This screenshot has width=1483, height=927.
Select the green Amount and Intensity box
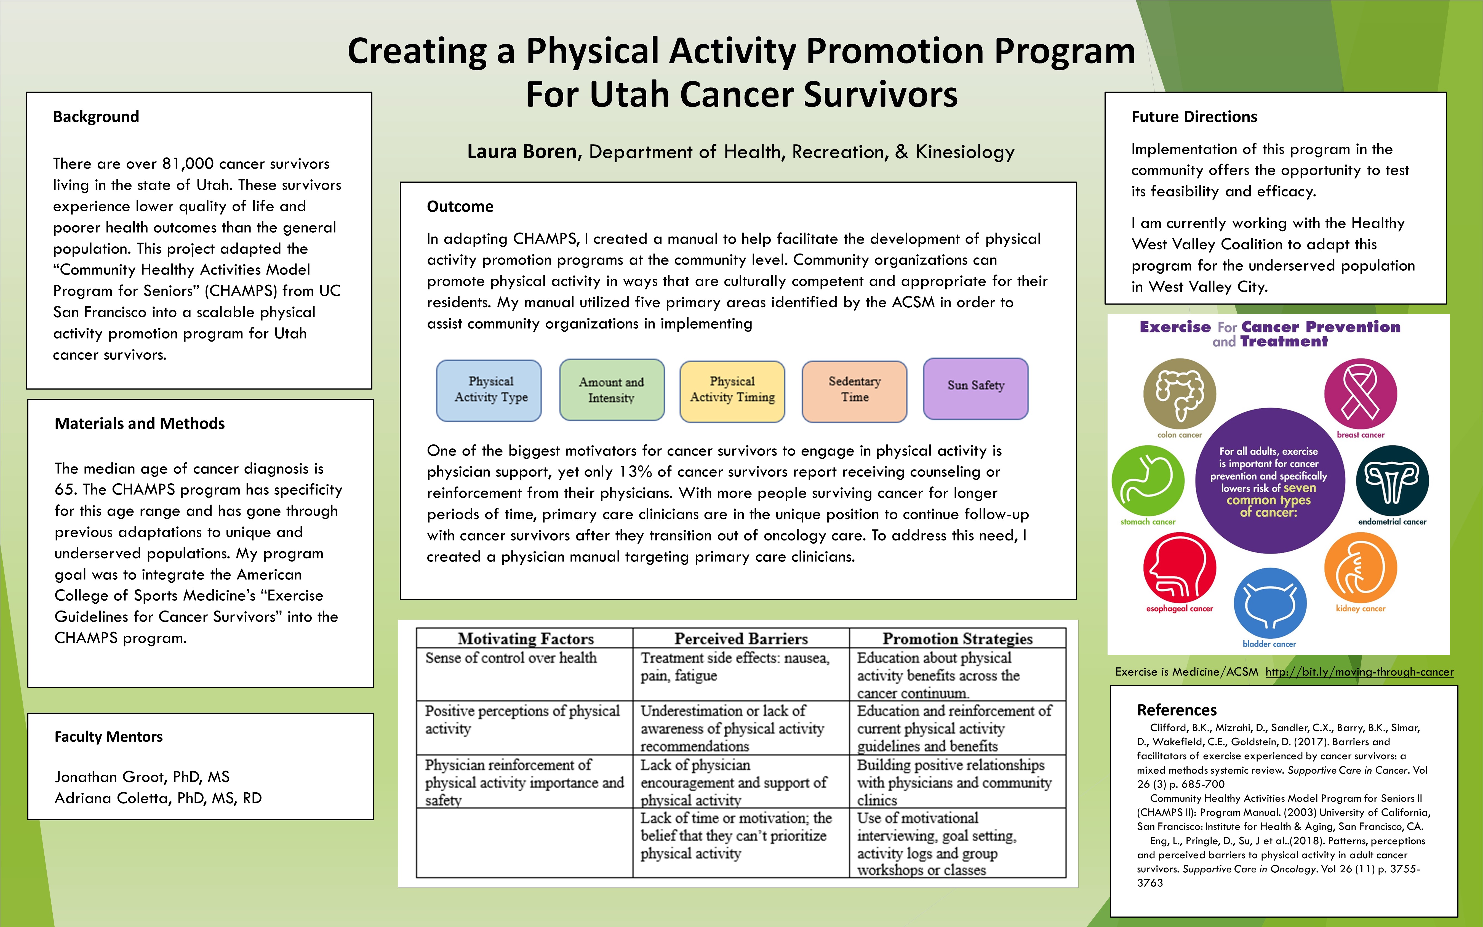tap(612, 390)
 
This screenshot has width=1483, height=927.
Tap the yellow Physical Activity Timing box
tap(732, 391)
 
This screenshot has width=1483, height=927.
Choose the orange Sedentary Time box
tap(854, 391)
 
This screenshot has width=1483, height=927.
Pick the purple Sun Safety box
tap(976, 389)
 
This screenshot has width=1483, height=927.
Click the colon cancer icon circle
tap(1180, 394)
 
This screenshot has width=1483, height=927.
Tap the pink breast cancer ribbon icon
tap(1361, 394)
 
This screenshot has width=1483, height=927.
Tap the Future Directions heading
tap(1194, 116)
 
